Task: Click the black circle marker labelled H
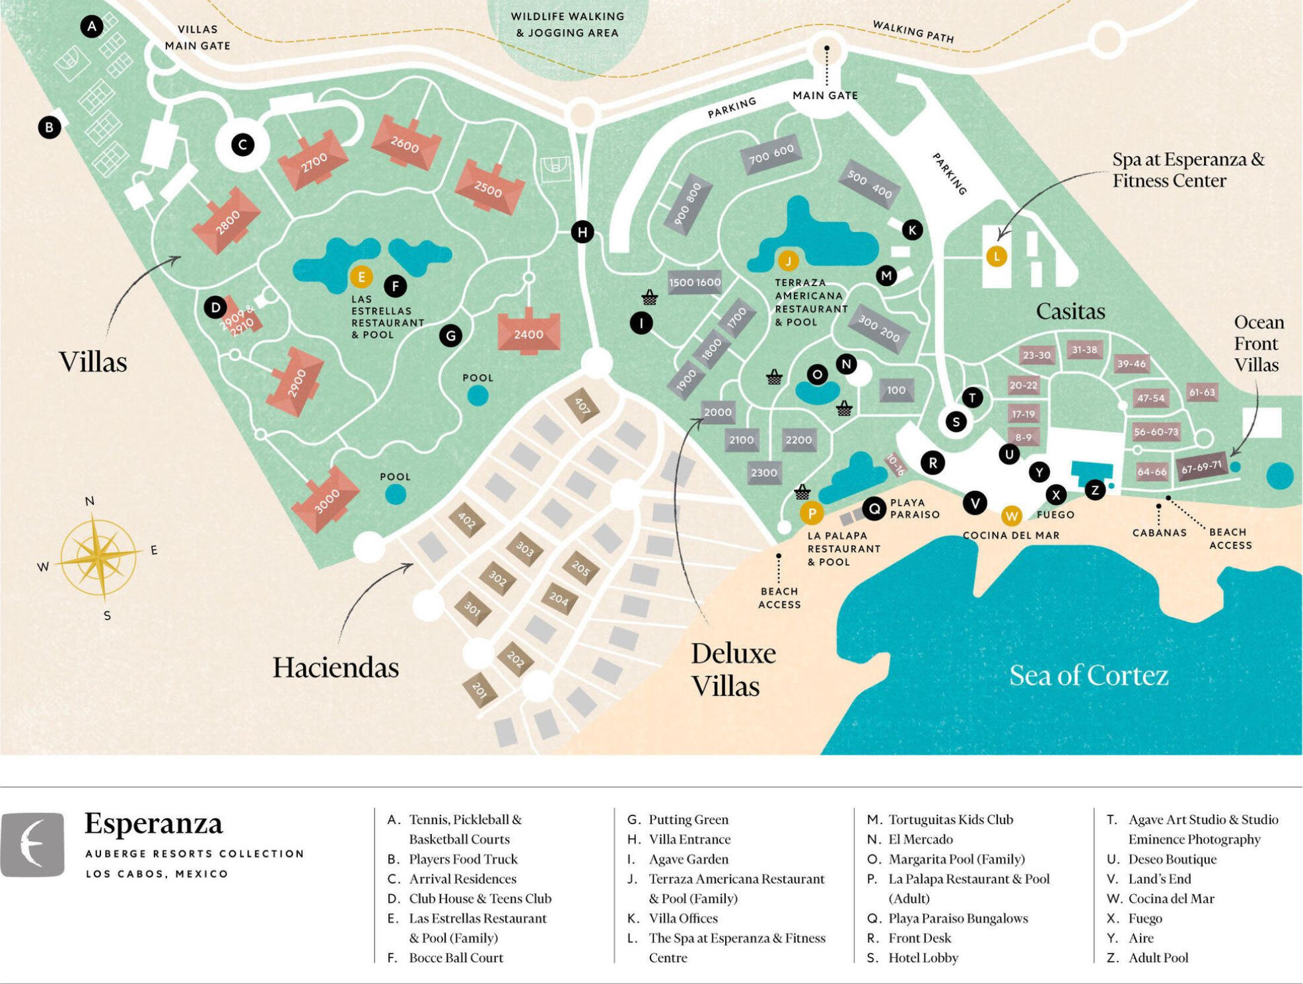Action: point(582,232)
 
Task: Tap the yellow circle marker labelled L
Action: point(996,256)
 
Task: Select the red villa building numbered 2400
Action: point(528,332)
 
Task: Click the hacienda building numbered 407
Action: point(582,405)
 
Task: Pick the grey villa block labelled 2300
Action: point(764,473)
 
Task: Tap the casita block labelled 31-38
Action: point(1084,350)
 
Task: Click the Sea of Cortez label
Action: point(1088,675)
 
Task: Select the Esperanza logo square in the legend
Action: point(32,844)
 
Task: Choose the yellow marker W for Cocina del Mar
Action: point(1011,515)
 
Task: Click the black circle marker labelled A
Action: point(92,26)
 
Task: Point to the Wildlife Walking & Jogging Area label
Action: point(567,24)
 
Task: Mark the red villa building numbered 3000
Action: point(326,499)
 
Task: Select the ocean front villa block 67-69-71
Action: point(1201,467)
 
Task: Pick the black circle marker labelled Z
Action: point(1095,490)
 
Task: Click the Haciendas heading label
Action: point(335,667)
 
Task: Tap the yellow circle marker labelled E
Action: point(361,277)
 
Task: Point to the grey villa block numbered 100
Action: point(896,390)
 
